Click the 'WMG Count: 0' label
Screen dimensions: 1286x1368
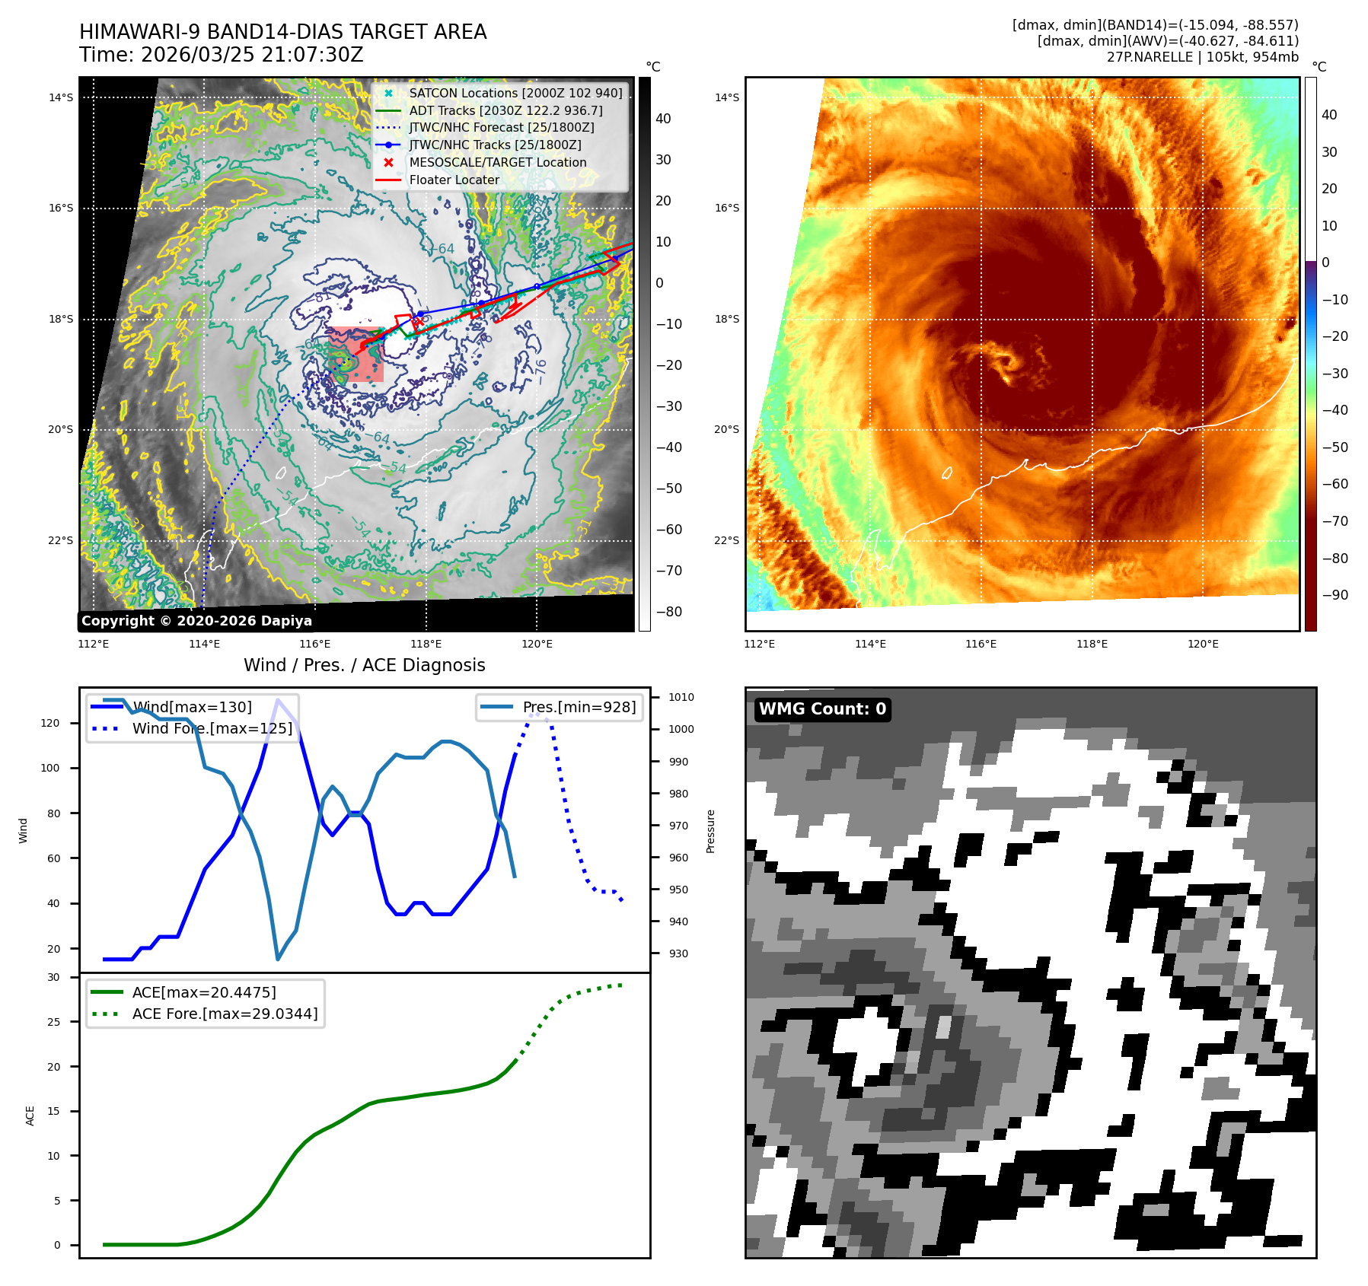point(822,709)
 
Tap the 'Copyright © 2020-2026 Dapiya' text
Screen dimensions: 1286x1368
point(196,621)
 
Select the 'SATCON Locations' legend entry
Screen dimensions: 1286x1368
point(515,93)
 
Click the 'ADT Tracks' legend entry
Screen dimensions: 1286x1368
point(505,110)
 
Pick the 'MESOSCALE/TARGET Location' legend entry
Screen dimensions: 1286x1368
point(497,162)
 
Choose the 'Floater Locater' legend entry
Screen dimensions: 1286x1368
point(454,180)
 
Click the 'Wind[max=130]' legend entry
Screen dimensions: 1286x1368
point(192,707)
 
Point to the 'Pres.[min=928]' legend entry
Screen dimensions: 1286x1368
point(579,707)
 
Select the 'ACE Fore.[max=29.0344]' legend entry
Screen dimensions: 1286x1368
point(225,1014)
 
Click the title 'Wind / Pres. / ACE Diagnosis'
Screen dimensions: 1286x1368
point(364,665)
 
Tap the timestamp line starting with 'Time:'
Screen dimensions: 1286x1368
point(222,56)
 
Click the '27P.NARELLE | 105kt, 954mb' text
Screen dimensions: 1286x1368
point(1202,57)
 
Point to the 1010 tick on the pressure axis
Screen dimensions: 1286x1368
point(681,697)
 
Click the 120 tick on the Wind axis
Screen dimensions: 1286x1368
point(50,723)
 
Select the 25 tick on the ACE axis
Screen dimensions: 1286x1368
point(53,1022)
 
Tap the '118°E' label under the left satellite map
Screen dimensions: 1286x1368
point(426,645)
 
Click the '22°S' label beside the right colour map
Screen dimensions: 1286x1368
point(726,540)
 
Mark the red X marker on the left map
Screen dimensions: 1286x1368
point(418,322)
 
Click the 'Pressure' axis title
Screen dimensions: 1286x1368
point(710,831)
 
